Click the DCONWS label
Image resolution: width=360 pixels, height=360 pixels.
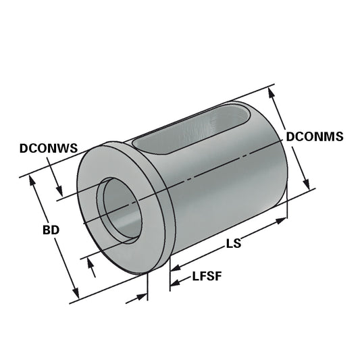(48, 147)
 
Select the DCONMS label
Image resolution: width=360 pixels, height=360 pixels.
(315, 136)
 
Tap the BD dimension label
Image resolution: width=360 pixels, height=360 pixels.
(50, 230)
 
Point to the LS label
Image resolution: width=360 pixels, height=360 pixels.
(234, 244)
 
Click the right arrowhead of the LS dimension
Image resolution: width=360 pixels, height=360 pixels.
(284, 219)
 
